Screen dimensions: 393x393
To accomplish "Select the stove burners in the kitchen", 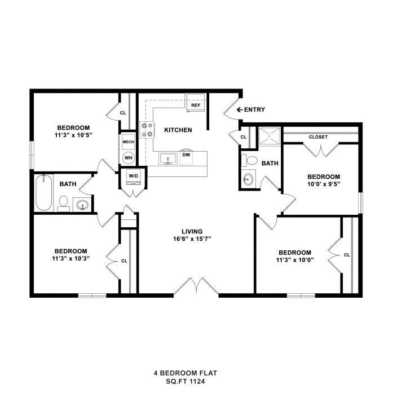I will (147, 130).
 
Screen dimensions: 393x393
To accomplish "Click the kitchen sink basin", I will (166, 158).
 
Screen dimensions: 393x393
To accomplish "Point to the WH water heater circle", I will (129, 157).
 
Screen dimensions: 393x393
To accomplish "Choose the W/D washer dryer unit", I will (134, 176).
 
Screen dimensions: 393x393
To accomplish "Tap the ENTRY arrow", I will (240, 109).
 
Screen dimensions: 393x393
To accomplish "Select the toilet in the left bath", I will (64, 202).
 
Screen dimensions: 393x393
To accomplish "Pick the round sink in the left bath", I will (83, 205).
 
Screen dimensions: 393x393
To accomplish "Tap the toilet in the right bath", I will (246, 161).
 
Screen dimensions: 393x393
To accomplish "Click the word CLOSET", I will (319, 136).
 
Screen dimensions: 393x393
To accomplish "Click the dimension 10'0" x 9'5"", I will (324, 184).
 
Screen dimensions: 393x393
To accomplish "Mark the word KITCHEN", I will (178, 130).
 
